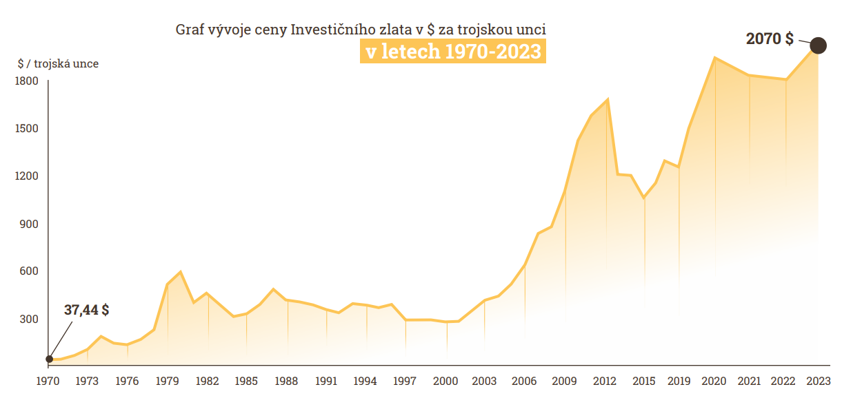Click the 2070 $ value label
click(770, 39)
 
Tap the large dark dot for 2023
click(819, 45)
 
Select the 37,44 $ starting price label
click(86, 310)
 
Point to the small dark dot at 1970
click(49, 359)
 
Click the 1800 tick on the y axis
click(26, 81)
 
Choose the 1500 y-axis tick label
click(26, 129)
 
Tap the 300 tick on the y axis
click(28, 320)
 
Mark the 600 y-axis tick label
click(28, 271)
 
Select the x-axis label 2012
click(605, 381)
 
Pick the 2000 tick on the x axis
click(446, 381)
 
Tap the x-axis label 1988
click(286, 381)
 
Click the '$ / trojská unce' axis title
click(58, 64)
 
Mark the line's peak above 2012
click(607, 100)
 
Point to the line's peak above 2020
click(715, 57)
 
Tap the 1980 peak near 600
click(180, 272)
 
